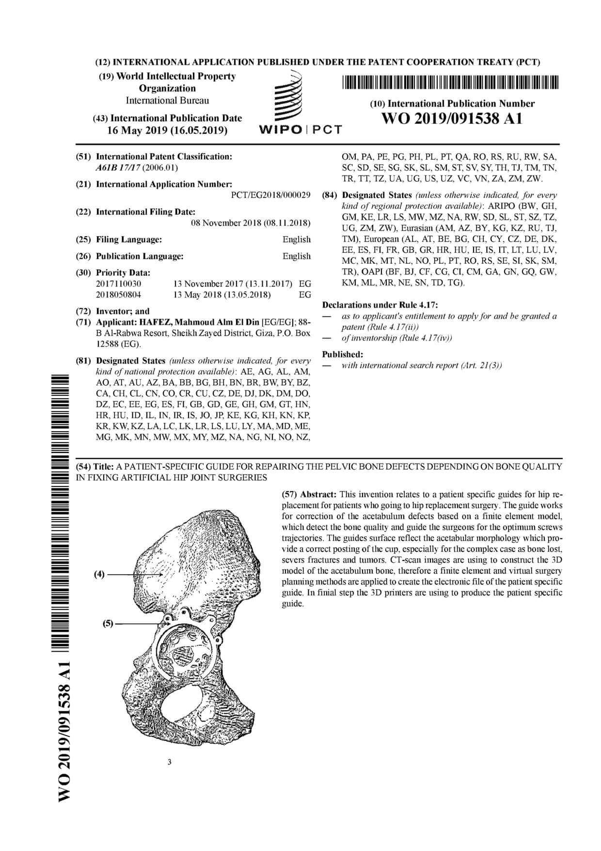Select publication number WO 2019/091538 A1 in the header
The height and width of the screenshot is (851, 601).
452,119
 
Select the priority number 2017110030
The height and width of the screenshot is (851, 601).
119,284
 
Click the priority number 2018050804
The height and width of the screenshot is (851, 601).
119,295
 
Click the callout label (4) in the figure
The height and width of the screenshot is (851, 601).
99,575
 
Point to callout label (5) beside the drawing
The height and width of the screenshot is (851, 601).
108,624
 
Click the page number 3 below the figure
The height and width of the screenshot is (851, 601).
169,762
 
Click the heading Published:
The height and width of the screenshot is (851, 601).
342,354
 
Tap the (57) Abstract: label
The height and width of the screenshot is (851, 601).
309,495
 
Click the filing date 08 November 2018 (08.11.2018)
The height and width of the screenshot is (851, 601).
251,223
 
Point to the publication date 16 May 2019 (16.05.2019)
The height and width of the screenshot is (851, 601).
167,130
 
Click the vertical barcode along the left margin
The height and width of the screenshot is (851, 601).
64,509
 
